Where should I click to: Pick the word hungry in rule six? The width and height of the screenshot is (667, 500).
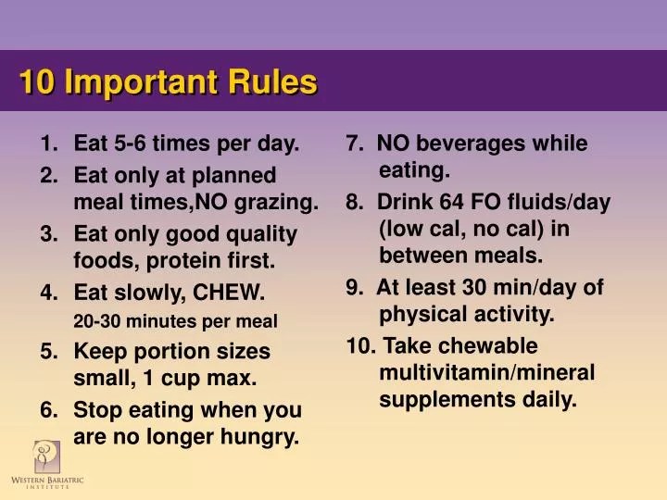coord(265,437)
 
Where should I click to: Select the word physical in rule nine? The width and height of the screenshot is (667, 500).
coord(416,315)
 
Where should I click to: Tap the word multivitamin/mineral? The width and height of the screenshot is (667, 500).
coord(486,372)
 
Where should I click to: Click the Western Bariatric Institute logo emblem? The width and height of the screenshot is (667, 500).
coord(46,456)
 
